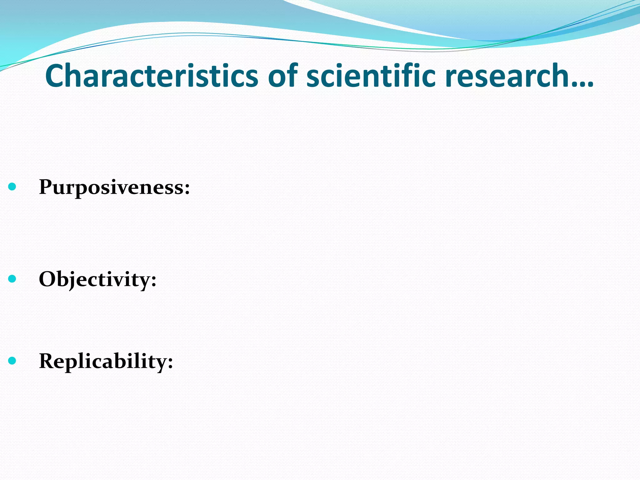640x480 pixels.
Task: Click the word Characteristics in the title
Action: click(152, 76)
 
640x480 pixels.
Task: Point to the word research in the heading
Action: click(506, 76)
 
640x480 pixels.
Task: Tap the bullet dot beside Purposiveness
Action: click(12, 187)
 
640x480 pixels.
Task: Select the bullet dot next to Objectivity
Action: click(12, 279)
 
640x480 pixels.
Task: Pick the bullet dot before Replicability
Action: click(12, 361)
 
